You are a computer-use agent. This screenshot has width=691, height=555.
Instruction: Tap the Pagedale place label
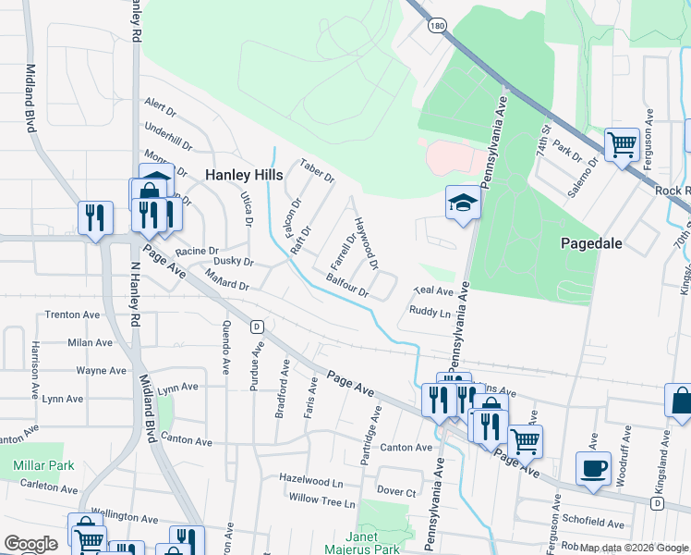591,244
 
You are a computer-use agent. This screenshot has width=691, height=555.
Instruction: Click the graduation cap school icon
463,203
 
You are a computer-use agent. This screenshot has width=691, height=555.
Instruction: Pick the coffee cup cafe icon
593,467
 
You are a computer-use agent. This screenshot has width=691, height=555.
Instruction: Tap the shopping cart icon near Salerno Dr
623,144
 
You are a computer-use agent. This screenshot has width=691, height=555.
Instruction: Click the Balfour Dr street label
347,284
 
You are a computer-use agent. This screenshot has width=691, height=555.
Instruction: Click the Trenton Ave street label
72,314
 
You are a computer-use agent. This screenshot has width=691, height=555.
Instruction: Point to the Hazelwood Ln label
311,482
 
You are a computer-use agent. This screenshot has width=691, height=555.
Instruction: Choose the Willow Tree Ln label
321,502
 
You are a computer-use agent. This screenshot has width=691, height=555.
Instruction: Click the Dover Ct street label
395,491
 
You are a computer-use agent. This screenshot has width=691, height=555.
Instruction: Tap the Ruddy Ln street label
430,313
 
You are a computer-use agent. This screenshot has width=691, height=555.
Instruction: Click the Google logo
30,543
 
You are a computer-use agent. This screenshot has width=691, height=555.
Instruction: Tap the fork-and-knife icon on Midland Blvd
94,217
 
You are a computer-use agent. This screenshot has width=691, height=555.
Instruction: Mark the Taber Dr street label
316,170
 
